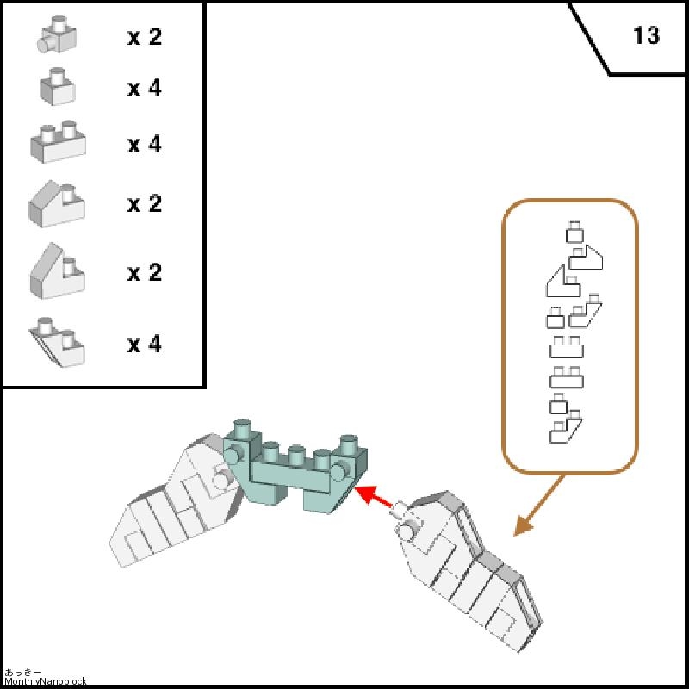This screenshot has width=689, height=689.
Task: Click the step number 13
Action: point(647,35)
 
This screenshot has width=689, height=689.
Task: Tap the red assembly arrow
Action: point(373,497)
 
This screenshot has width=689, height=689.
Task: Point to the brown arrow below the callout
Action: point(539,506)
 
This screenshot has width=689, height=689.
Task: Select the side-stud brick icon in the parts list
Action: point(57,34)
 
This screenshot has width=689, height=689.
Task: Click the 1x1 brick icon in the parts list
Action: point(58,87)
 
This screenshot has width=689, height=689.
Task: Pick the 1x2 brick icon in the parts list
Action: point(58,141)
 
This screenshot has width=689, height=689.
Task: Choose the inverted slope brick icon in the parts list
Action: point(57,342)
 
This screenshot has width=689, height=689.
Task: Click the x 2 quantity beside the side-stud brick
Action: point(145,36)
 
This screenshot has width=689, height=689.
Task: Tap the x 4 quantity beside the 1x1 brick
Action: point(145,88)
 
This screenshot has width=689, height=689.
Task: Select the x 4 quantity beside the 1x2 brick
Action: point(145,144)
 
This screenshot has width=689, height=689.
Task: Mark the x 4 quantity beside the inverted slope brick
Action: point(145,344)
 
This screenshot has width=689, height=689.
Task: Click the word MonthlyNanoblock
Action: point(46,681)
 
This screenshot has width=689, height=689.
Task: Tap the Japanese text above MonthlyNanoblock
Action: point(23,673)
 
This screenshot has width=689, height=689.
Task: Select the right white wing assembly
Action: point(469,570)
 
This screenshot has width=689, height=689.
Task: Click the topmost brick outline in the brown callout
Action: point(574,232)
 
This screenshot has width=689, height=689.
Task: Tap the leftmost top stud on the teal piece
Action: point(243,427)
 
